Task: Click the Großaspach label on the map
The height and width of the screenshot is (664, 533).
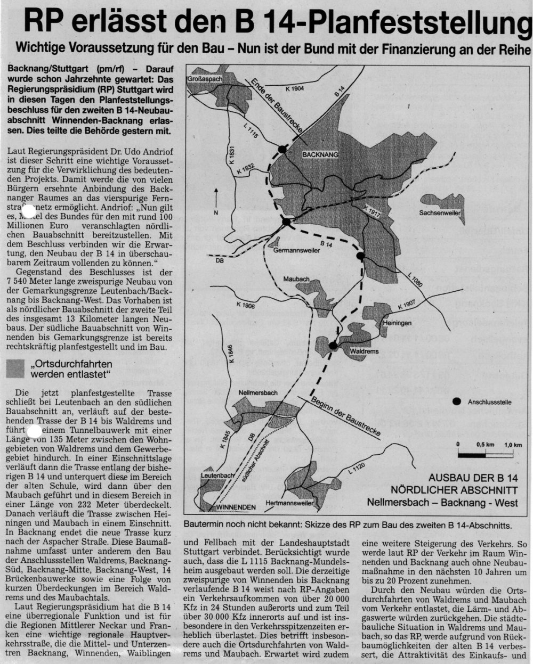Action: pyautogui.click(x=205, y=79)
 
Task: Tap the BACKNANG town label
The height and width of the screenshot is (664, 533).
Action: pyautogui.click(x=320, y=154)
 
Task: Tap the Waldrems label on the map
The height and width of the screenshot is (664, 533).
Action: pyautogui.click(x=364, y=352)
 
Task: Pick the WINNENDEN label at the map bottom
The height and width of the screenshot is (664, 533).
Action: pyautogui.click(x=232, y=506)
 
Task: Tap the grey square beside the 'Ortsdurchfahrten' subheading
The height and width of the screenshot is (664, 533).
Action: pyautogui.click(x=16, y=368)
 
